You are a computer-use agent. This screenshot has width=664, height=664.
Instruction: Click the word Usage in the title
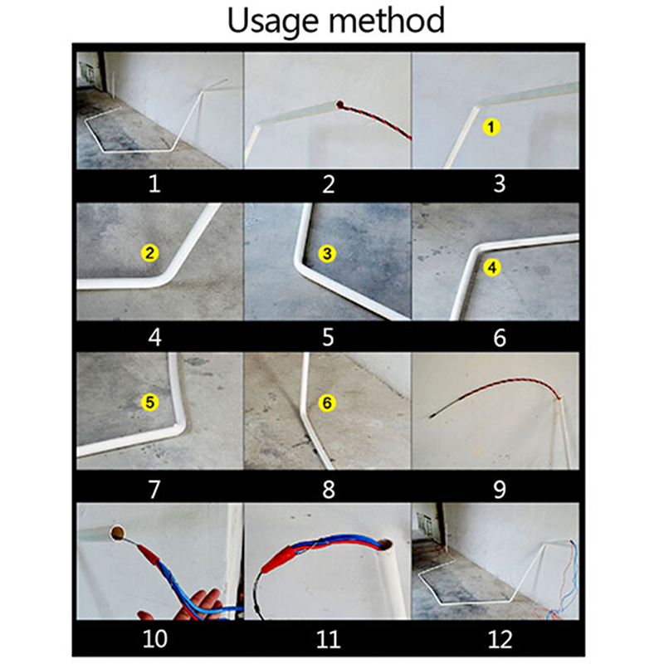[x=273, y=22]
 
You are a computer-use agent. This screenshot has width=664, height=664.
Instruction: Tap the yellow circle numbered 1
[x=491, y=127]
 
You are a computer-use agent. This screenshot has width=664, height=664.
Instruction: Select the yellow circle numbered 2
[x=149, y=253]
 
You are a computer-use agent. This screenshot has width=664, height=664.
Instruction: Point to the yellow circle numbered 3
[x=327, y=254]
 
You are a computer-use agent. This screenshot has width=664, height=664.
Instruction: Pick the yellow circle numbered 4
[x=491, y=267]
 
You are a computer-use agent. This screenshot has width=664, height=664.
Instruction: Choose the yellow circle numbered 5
[x=150, y=402]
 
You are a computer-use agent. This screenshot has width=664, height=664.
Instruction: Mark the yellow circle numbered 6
[x=327, y=403]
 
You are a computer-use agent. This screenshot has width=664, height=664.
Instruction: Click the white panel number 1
[x=154, y=184]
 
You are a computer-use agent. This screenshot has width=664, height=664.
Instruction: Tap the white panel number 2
[x=329, y=184]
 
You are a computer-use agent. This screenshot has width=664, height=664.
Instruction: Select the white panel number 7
[x=154, y=489]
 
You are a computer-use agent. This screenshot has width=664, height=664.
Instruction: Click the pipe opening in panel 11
[x=385, y=544]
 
